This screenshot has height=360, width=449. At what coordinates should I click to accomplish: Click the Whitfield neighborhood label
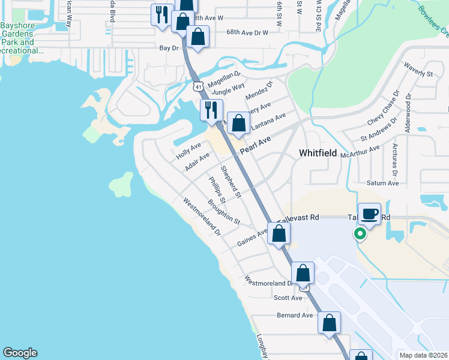coord(318,153)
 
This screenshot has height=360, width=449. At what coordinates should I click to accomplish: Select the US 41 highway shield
coord(198,86)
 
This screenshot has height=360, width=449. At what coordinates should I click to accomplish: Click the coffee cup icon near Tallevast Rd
coord(370,214)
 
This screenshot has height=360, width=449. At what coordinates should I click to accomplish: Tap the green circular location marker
coord(360,233)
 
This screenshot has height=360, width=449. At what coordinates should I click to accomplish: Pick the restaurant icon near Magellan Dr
coord(211,110)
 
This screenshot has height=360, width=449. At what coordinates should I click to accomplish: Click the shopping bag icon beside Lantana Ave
coord(239,124)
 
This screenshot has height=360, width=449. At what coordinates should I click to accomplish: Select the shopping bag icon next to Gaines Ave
coord(279,233)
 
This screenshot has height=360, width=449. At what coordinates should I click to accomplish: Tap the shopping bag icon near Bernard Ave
coord(330,322)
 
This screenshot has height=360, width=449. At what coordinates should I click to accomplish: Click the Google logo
coord(20,353)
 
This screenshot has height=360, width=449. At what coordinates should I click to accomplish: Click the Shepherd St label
coord(230,181)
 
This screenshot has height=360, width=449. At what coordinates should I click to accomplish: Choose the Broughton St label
coord(224,212)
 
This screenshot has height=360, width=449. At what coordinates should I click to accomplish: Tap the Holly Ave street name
coord(188,150)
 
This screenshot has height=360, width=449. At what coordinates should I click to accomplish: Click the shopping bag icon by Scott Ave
coord(304,272)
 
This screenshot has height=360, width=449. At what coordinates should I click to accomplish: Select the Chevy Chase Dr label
coord(383,108)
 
